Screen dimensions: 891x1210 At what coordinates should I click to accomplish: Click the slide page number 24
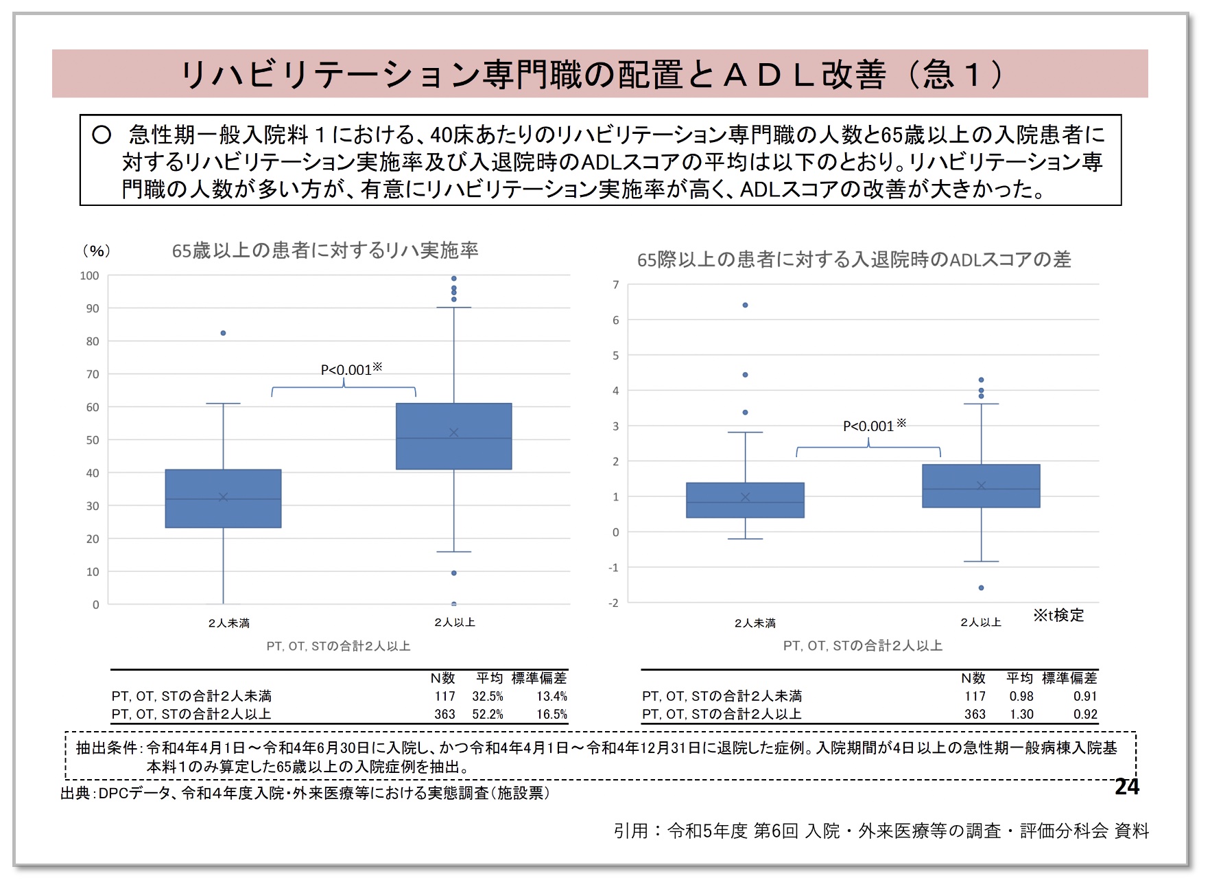pos(1126,787)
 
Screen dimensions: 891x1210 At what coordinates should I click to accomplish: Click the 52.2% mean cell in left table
pos(487,714)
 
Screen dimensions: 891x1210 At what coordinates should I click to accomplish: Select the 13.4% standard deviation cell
pos(551,696)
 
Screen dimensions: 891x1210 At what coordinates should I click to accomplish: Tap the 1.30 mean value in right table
pos(1021,714)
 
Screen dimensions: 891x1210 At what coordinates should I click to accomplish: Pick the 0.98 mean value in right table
pos(1021,696)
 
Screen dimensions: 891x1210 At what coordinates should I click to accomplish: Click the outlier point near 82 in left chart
pos(223,333)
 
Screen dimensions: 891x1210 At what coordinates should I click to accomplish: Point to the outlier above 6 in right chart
pos(745,305)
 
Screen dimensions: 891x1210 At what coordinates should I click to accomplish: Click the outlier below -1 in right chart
pos(981,588)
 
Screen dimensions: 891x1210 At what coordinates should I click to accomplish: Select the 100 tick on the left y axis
pos(89,276)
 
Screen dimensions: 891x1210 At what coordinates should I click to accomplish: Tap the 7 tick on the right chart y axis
pos(615,285)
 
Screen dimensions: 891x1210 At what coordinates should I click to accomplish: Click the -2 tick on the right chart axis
pos(613,603)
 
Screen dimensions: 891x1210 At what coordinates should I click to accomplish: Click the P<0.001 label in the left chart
pos(351,369)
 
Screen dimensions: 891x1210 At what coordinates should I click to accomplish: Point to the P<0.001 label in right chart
pos(873,426)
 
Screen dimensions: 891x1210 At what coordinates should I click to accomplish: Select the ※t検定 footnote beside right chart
pos(1058,615)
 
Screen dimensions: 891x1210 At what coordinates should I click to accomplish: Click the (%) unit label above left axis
pos(96,251)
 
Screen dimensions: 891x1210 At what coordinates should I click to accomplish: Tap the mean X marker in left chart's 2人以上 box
pos(453,432)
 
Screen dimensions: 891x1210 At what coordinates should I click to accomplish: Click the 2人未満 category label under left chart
pos(228,623)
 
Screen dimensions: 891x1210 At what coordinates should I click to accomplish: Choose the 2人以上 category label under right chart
pos(980,622)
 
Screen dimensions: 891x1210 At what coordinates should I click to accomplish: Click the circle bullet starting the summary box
pos(102,135)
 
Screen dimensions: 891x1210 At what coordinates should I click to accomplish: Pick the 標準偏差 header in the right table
pos(1069,678)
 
